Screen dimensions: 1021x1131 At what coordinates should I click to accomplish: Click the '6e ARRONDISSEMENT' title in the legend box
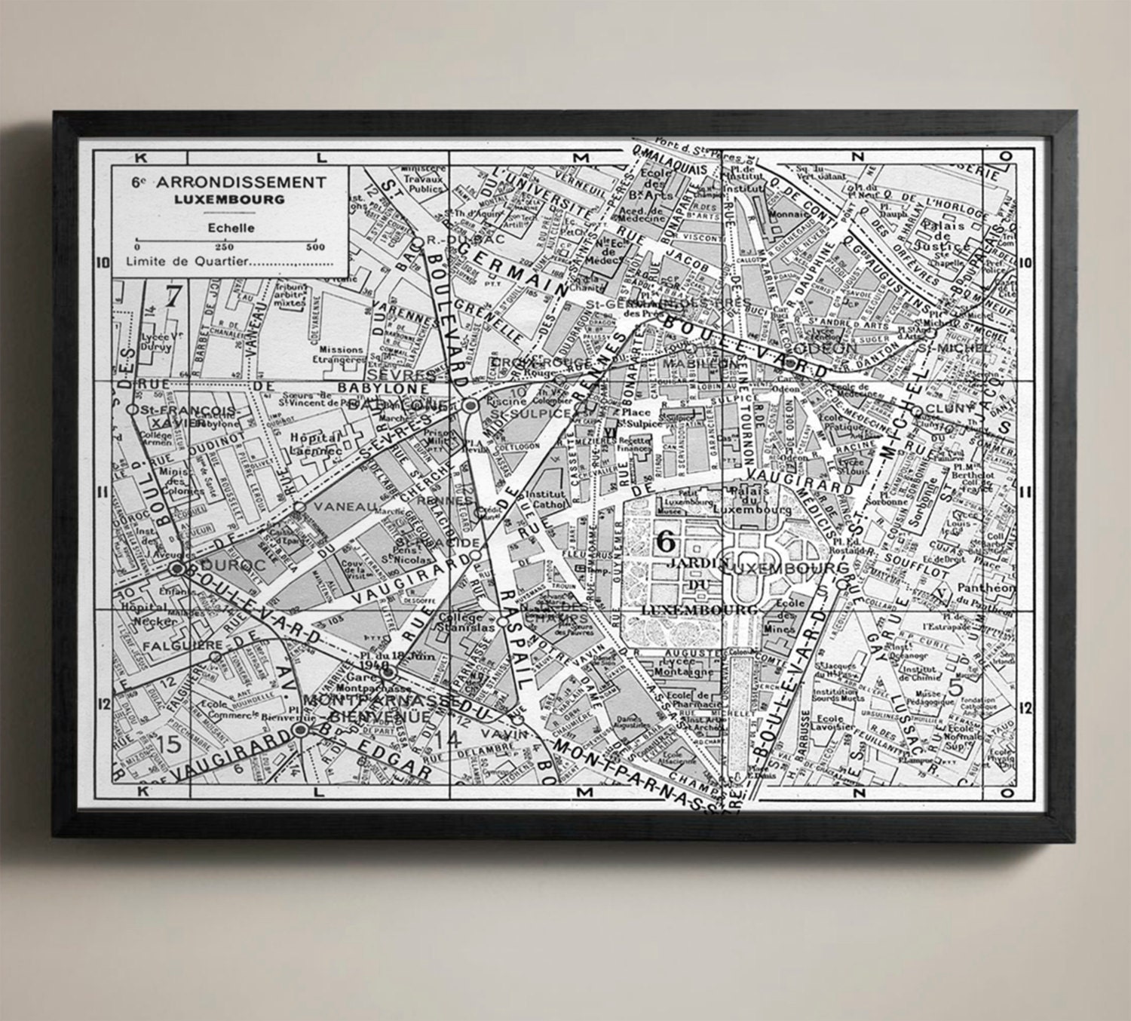tap(229, 182)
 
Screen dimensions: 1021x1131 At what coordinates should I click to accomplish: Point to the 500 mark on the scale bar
tap(315, 247)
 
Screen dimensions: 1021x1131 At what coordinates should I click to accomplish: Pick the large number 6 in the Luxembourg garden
tap(666, 540)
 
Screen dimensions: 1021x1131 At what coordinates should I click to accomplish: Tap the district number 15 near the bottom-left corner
tap(170, 744)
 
